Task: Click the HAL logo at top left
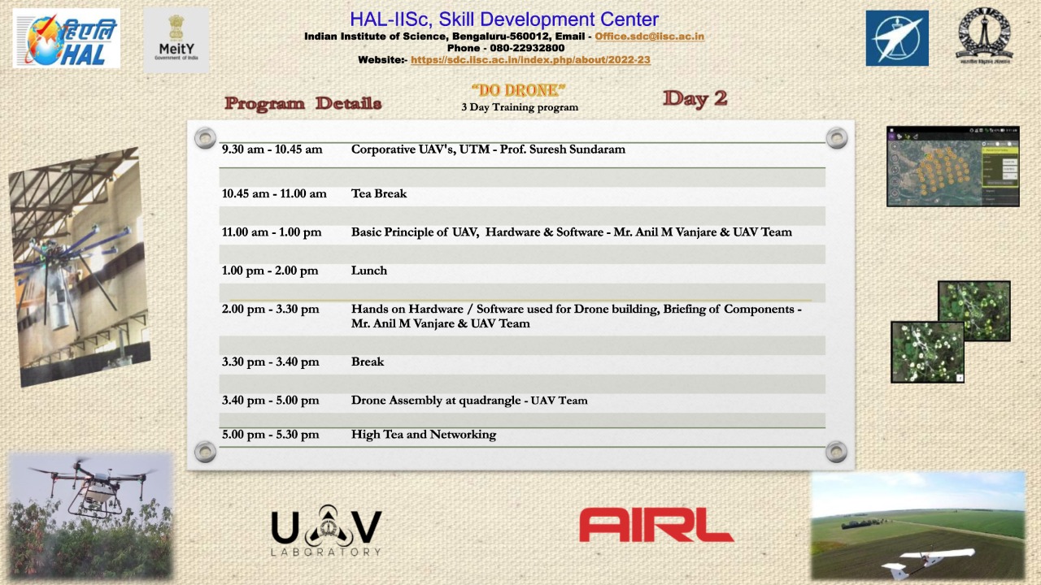coord(66,38)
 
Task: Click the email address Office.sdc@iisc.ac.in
coord(649,37)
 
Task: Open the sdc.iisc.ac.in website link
coord(530,60)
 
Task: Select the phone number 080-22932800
coord(527,48)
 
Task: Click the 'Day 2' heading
coord(695,99)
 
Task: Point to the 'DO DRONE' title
coord(518,90)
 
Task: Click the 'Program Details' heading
coord(303,104)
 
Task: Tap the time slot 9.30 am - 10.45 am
coord(272,149)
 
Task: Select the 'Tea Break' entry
coord(379,193)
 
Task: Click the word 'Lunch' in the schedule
coord(369,271)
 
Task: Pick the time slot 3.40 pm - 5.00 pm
coord(270,401)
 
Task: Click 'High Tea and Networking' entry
coord(423,435)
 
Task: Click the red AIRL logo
coord(656,525)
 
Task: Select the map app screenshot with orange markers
coord(952,167)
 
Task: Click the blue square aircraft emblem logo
coord(896,38)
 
